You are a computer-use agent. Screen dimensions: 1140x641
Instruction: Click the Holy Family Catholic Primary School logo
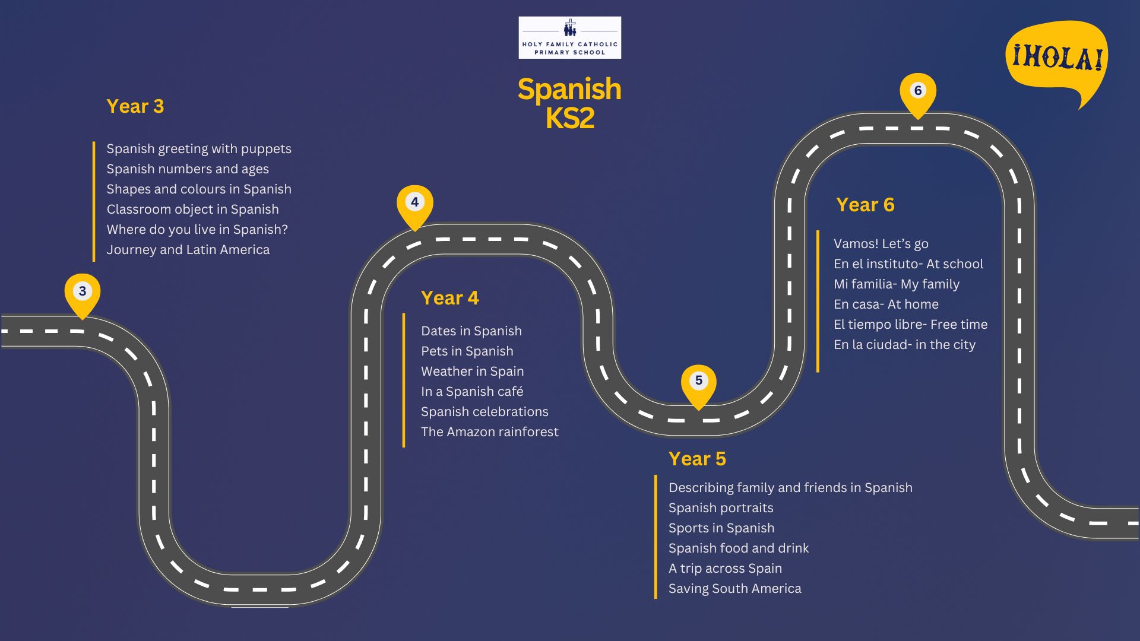click(570, 37)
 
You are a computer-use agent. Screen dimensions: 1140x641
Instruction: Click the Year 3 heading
click(135, 106)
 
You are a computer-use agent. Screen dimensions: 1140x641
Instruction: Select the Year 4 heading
click(450, 298)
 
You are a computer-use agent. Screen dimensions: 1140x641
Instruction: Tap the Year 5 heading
click(698, 459)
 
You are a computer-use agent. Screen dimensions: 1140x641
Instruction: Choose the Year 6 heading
click(866, 205)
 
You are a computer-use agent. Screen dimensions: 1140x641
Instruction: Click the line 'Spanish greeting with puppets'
click(199, 149)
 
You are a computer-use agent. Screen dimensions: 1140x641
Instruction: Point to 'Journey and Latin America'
click(188, 250)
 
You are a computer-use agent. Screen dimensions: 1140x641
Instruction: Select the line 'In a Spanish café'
click(472, 392)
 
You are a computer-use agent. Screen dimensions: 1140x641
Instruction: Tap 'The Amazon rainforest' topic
click(490, 432)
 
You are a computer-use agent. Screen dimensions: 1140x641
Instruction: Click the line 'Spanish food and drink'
click(739, 548)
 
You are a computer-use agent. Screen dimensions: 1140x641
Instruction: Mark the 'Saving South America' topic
click(735, 589)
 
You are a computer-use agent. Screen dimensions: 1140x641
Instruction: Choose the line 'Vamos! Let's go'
click(881, 244)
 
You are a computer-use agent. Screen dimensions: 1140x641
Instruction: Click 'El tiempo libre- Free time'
click(911, 325)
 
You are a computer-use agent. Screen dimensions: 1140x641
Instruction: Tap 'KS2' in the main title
click(570, 118)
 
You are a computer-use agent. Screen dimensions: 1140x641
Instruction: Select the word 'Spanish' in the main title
click(569, 90)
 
